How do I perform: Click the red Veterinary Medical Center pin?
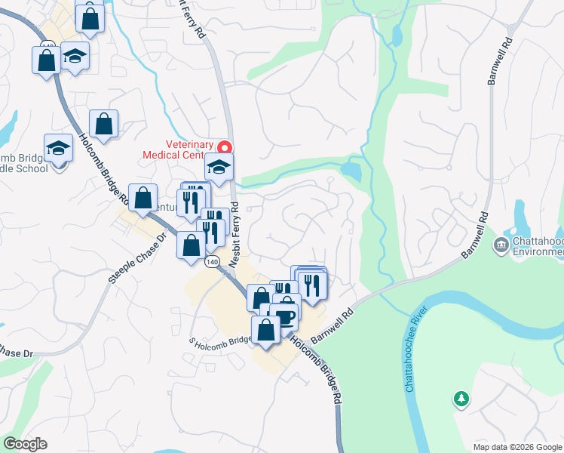click(x=224, y=146)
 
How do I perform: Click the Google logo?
click(x=25, y=444)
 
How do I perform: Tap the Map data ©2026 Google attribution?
click(x=516, y=447)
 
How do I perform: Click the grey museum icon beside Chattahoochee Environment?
click(x=501, y=245)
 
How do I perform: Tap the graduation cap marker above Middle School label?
click(x=57, y=148)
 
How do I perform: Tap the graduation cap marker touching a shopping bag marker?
click(x=75, y=56)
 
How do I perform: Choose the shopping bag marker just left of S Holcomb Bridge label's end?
click(x=266, y=331)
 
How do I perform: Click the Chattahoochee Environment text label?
click(x=538, y=245)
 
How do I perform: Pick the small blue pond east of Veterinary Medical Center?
click(x=351, y=171)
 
